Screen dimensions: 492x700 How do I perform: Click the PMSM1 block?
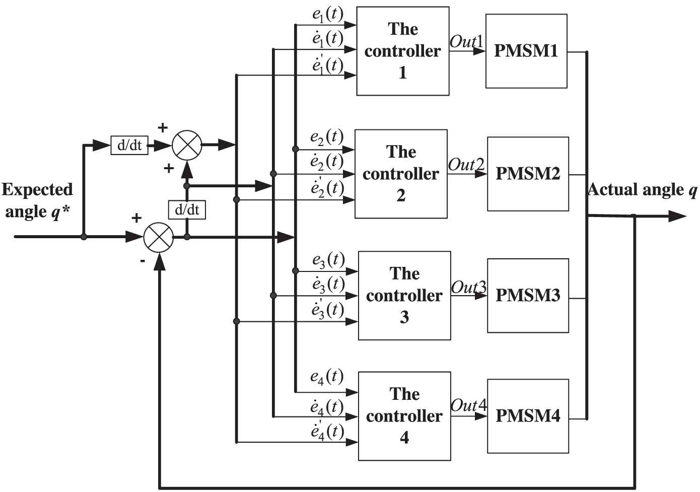[526, 51]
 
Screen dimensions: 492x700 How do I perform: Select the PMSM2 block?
[528, 174]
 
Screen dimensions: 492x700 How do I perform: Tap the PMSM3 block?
[528, 296]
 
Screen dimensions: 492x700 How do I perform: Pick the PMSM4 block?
[528, 416]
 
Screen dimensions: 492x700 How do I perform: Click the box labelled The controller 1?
[402, 51]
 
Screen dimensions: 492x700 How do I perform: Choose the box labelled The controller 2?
[401, 174]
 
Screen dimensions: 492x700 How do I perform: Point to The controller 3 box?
[404, 296]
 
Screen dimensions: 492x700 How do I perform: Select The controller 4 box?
[404, 416]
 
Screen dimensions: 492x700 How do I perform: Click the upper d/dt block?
[129, 146]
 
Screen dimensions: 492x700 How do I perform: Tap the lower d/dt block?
[187, 209]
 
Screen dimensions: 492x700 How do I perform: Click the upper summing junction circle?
[187, 146]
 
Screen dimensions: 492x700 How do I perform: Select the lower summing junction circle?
[159, 237]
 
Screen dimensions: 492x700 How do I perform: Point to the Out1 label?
[466, 41]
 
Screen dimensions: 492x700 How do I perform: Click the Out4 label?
[468, 405]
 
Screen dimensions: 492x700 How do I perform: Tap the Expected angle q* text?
[37, 200]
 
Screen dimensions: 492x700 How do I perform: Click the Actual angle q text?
[642, 190]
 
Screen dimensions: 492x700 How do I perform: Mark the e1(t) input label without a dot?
[327, 15]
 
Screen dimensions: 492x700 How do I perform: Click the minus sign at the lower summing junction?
[143, 261]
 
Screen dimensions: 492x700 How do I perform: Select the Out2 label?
[466, 165]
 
